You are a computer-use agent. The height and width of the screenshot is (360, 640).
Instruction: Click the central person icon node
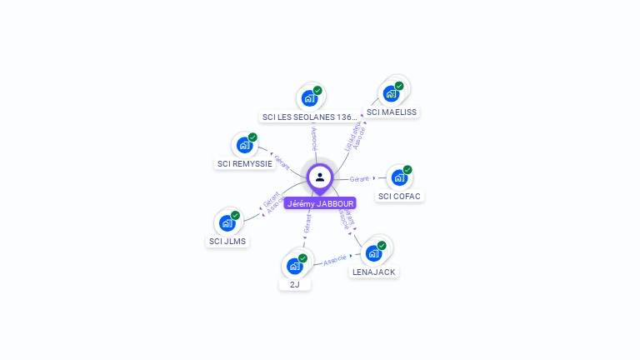pyautogui.click(x=320, y=177)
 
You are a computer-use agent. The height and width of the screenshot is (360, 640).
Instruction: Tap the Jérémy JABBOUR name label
pyautogui.click(x=320, y=203)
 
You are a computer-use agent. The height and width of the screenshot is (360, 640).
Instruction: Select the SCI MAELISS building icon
pyautogui.click(x=391, y=93)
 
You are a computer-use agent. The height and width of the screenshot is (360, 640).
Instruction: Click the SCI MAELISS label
pyautogui.click(x=392, y=112)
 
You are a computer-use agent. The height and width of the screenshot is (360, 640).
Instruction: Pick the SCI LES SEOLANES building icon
pyautogui.click(x=309, y=97)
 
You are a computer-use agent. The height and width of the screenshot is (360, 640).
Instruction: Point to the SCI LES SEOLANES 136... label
pyautogui.click(x=309, y=117)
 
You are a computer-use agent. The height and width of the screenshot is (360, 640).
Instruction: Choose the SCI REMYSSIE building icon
pyautogui.click(x=244, y=145)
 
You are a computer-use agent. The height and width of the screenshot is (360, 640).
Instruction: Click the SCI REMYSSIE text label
pyautogui.click(x=245, y=164)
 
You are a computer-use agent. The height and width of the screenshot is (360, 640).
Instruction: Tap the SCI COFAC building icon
pyautogui.click(x=399, y=177)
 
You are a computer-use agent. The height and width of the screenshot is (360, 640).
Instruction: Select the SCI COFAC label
pyautogui.click(x=400, y=197)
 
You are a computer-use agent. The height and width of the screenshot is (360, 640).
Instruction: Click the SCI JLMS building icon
pyautogui.click(x=227, y=222)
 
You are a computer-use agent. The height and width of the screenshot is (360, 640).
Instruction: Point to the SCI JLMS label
pyautogui.click(x=227, y=242)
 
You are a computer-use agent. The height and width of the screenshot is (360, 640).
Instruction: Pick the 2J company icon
pyautogui.click(x=294, y=266)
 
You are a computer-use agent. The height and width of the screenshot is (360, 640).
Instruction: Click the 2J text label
pyautogui.click(x=294, y=285)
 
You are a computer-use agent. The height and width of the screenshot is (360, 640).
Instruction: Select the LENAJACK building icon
pyautogui.click(x=373, y=252)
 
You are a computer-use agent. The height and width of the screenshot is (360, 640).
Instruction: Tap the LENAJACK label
pyautogui.click(x=373, y=272)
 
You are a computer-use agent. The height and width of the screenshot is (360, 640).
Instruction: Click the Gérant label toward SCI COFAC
pyautogui.click(x=359, y=178)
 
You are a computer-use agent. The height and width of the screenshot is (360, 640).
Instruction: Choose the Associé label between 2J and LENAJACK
pyautogui.click(x=334, y=260)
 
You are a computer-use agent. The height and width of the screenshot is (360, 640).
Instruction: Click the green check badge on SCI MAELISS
pyautogui.click(x=399, y=86)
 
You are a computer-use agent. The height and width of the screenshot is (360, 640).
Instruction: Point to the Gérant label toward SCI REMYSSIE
pyautogui.click(x=281, y=161)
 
